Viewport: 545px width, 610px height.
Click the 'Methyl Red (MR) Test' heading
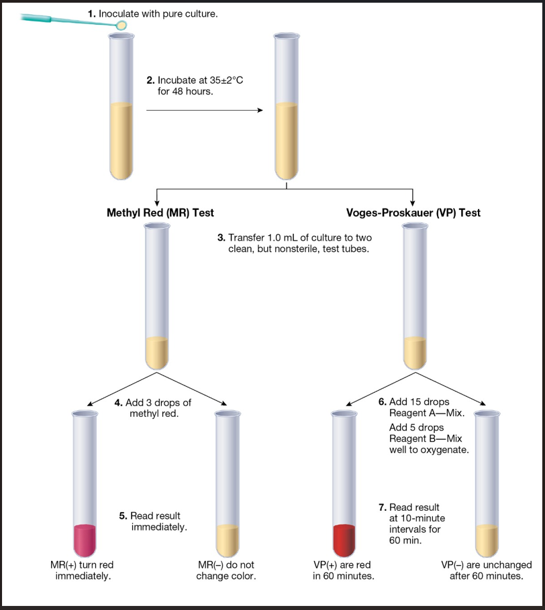tap(160, 213)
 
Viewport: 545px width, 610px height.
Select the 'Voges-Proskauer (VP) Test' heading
tap(413, 213)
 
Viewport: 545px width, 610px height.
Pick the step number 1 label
tap(92, 13)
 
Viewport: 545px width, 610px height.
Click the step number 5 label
tap(123, 515)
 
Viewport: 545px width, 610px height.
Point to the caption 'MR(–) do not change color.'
tap(226, 570)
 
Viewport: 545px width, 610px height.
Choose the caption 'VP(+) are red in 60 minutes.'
tap(344, 570)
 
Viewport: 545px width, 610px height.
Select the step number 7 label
tap(383, 507)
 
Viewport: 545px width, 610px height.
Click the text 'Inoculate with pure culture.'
tap(158, 13)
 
